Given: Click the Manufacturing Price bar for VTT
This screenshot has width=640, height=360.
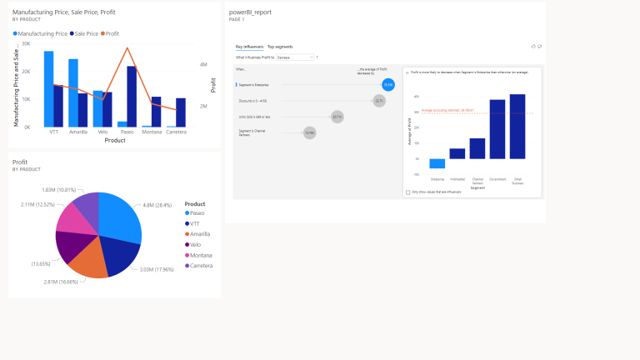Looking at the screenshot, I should (x=49, y=88).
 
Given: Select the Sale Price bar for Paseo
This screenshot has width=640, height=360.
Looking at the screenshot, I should (x=132, y=96).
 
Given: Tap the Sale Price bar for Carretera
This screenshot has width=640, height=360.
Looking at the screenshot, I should (x=181, y=112).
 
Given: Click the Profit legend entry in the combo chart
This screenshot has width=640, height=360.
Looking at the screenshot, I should (x=111, y=34).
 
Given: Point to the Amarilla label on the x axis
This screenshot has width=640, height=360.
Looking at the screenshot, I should (x=78, y=132).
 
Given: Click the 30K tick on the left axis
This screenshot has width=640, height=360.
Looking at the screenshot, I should (x=26, y=43).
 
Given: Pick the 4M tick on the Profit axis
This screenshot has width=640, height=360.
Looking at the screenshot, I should (x=203, y=64).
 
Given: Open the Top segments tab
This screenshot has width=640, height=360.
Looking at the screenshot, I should (x=280, y=47).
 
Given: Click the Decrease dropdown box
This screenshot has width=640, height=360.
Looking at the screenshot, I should (x=295, y=57).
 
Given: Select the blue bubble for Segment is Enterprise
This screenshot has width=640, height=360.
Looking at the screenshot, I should (x=388, y=84).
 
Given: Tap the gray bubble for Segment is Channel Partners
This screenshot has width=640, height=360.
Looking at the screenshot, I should (x=309, y=132).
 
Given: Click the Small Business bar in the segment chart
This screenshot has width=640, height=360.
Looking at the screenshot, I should (x=517, y=126).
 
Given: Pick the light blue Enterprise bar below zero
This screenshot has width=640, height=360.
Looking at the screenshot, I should (x=437, y=163).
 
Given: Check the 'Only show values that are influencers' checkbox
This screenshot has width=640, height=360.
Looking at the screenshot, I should (x=407, y=192).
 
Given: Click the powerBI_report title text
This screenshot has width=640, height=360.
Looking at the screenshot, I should (x=250, y=12).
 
